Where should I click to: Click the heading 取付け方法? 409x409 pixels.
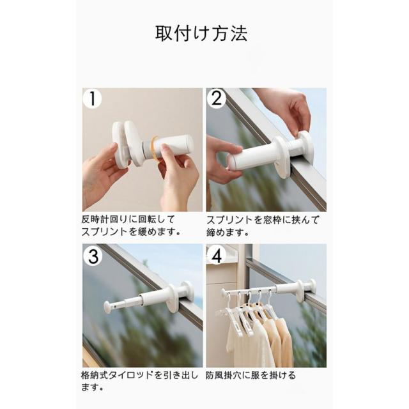tap(201, 34)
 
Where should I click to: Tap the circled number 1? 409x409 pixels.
tap(92, 98)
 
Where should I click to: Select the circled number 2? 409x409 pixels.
tap(216, 98)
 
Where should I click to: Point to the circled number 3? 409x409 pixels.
tap(93, 256)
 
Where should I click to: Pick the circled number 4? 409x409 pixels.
tap(217, 256)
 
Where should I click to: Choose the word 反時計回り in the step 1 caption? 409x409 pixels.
tap(105, 219)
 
